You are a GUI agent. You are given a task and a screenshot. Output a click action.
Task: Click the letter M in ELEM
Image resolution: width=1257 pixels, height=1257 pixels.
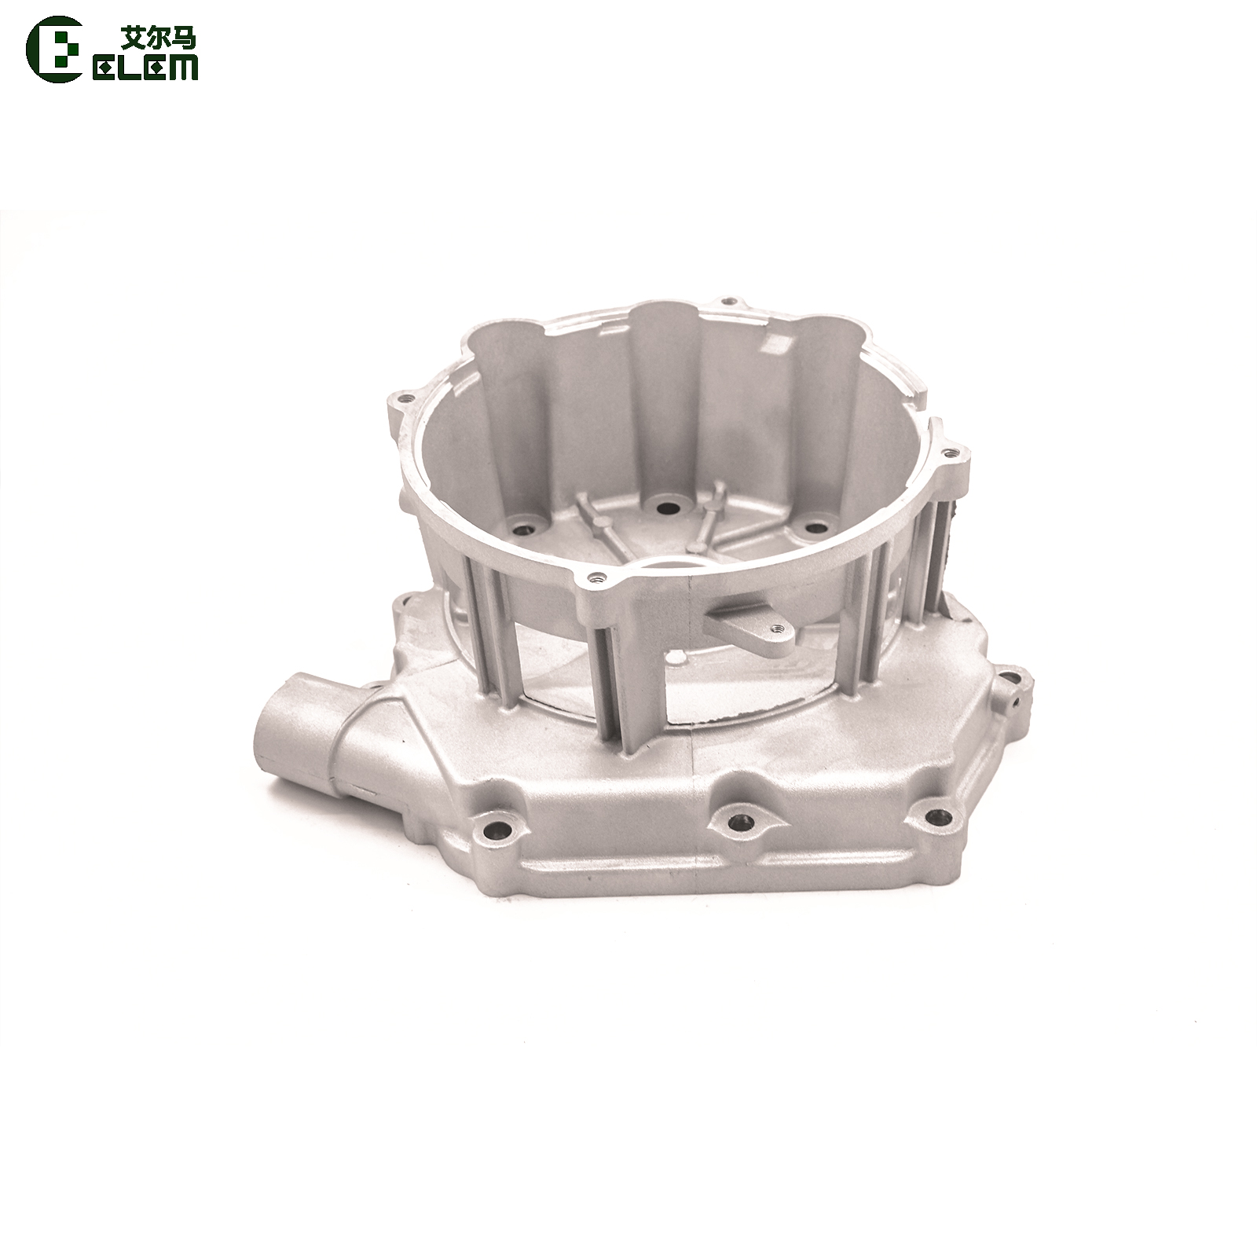click(x=183, y=68)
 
